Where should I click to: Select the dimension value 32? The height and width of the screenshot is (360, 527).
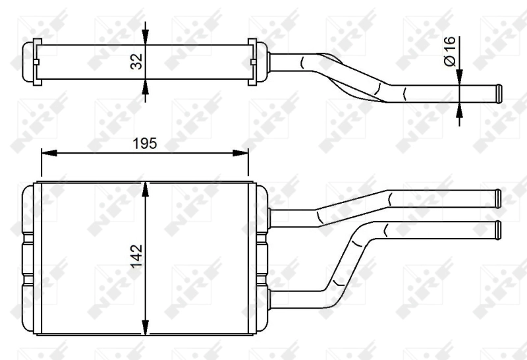coord(136,63)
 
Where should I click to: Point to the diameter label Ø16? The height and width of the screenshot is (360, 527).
coord(450,51)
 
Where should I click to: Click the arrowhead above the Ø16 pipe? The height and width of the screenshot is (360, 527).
coord(460,77)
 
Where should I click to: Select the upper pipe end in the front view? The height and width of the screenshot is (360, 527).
coord(497,197)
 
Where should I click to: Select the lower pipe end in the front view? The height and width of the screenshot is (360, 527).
coord(497,229)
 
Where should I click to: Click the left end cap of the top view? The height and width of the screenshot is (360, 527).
coord(30,63)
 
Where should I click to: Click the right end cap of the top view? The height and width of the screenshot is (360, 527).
coord(259,63)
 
